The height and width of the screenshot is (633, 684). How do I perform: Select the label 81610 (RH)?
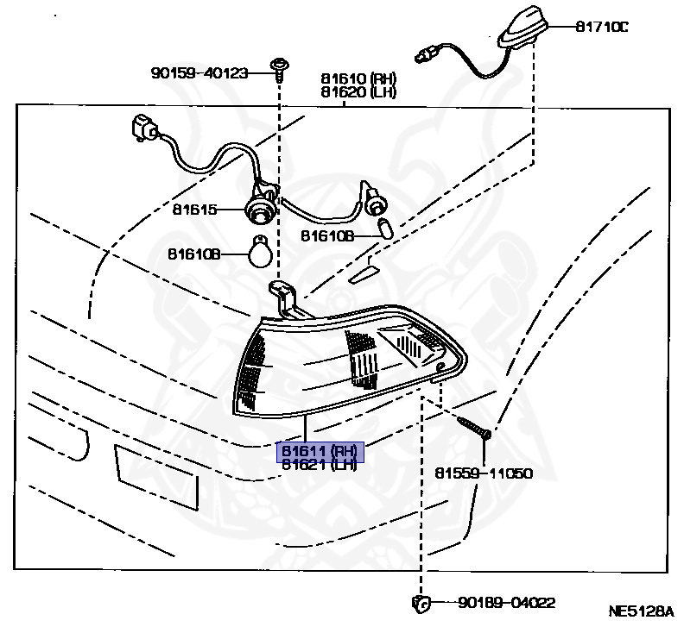358,78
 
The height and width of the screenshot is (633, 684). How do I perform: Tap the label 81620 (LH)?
358,91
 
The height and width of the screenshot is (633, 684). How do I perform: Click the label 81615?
195,210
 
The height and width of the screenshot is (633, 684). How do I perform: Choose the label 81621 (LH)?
320,466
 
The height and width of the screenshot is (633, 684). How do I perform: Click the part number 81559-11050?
483,473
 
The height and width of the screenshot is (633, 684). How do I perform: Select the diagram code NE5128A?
640,611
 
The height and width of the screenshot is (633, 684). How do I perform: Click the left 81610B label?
194,254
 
